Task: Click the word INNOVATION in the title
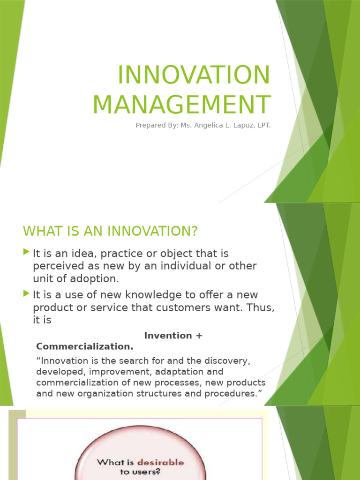click(x=194, y=75)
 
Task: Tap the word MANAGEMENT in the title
click(x=181, y=105)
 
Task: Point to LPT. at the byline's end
click(x=263, y=126)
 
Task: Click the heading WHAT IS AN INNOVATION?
click(x=111, y=231)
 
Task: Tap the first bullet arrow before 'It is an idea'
click(x=26, y=253)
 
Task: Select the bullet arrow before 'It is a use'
click(x=26, y=294)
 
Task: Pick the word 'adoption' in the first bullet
click(x=99, y=278)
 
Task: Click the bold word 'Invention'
click(x=162, y=336)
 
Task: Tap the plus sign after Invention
click(x=199, y=336)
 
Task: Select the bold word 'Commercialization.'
click(x=84, y=347)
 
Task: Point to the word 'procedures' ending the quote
click(x=231, y=394)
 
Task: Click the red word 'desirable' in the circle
click(x=160, y=463)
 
